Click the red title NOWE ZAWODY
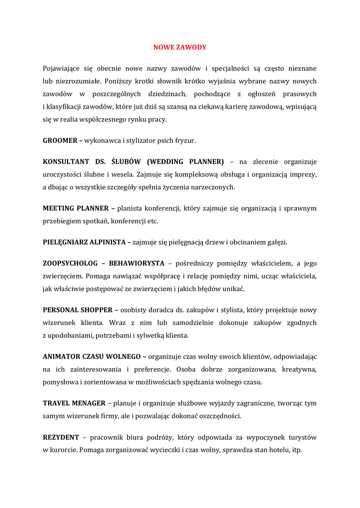pos(179,47)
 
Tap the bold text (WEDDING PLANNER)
pos(185,162)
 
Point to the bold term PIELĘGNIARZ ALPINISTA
pos(85,242)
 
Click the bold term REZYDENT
pos(61,437)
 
